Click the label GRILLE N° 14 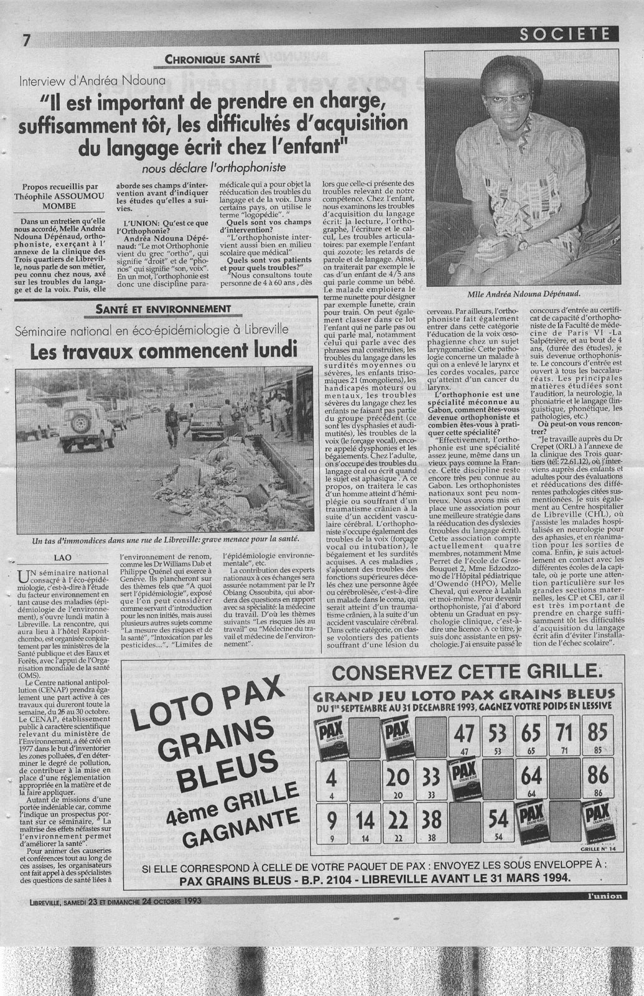(595, 848)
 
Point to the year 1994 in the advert (552, 878)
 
